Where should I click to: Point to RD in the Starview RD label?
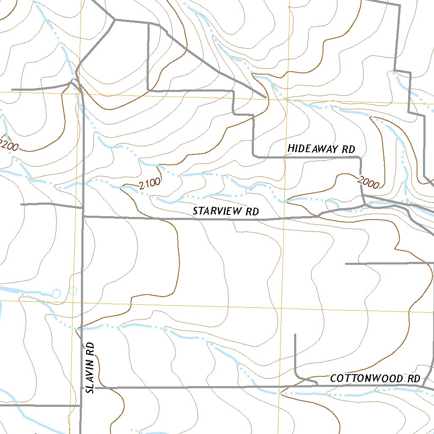tap(251, 211)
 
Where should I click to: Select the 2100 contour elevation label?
tap(149, 184)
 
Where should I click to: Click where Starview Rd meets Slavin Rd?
tap(83, 217)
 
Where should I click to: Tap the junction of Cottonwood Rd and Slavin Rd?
tap(82, 387)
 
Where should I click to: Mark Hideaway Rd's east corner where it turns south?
tap(360, 158)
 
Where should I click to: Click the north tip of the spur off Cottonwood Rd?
tap(295, 335)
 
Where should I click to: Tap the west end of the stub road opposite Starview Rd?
tap(21, 205)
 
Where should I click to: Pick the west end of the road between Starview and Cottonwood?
tap(346, 264)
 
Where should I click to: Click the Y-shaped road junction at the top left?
tap(115, 19)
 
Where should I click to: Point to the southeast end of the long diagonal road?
tap(266, 97)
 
